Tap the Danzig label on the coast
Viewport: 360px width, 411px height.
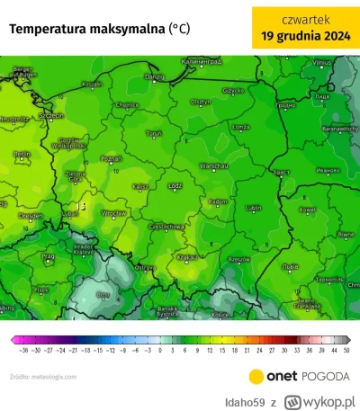coord(155,77)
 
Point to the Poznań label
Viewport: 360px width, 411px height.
coord(111,157)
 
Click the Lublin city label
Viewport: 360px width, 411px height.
coord(253,208)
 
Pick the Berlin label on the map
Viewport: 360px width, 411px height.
coord(22,154)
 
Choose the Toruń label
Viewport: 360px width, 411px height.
coord(154,133)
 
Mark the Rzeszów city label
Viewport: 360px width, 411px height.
coord(237,256)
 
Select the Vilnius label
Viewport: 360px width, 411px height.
coord(321,62)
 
